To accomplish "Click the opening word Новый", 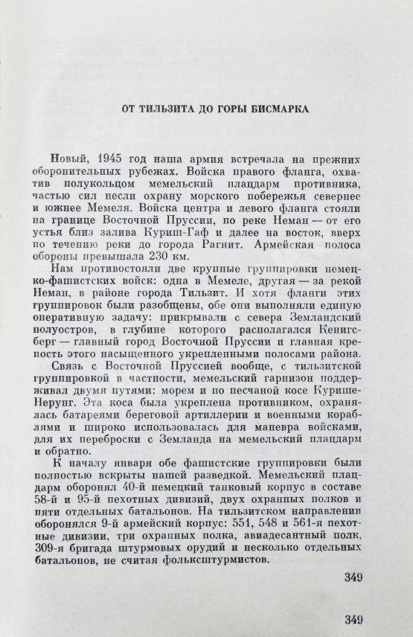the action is coord(65,160).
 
